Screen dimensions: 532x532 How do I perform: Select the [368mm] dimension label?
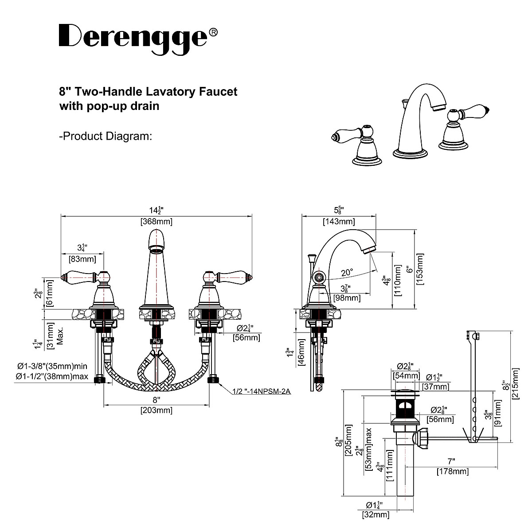(x=156, y=222)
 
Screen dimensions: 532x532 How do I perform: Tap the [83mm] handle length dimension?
(x=82, y=258)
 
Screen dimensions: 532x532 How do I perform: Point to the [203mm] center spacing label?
(x=156, y=410)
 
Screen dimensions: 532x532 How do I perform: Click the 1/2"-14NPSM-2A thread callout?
(x=261, y=391)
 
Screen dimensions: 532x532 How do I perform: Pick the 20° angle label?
(x=347, y=272)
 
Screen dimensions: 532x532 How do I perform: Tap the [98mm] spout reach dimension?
(x=347, y=298)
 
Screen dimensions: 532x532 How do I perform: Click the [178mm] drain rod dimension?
(x=452, y=471)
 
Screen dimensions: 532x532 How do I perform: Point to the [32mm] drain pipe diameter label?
(x=376, y=515)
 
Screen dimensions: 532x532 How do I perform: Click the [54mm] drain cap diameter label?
(x=406, y=376)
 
